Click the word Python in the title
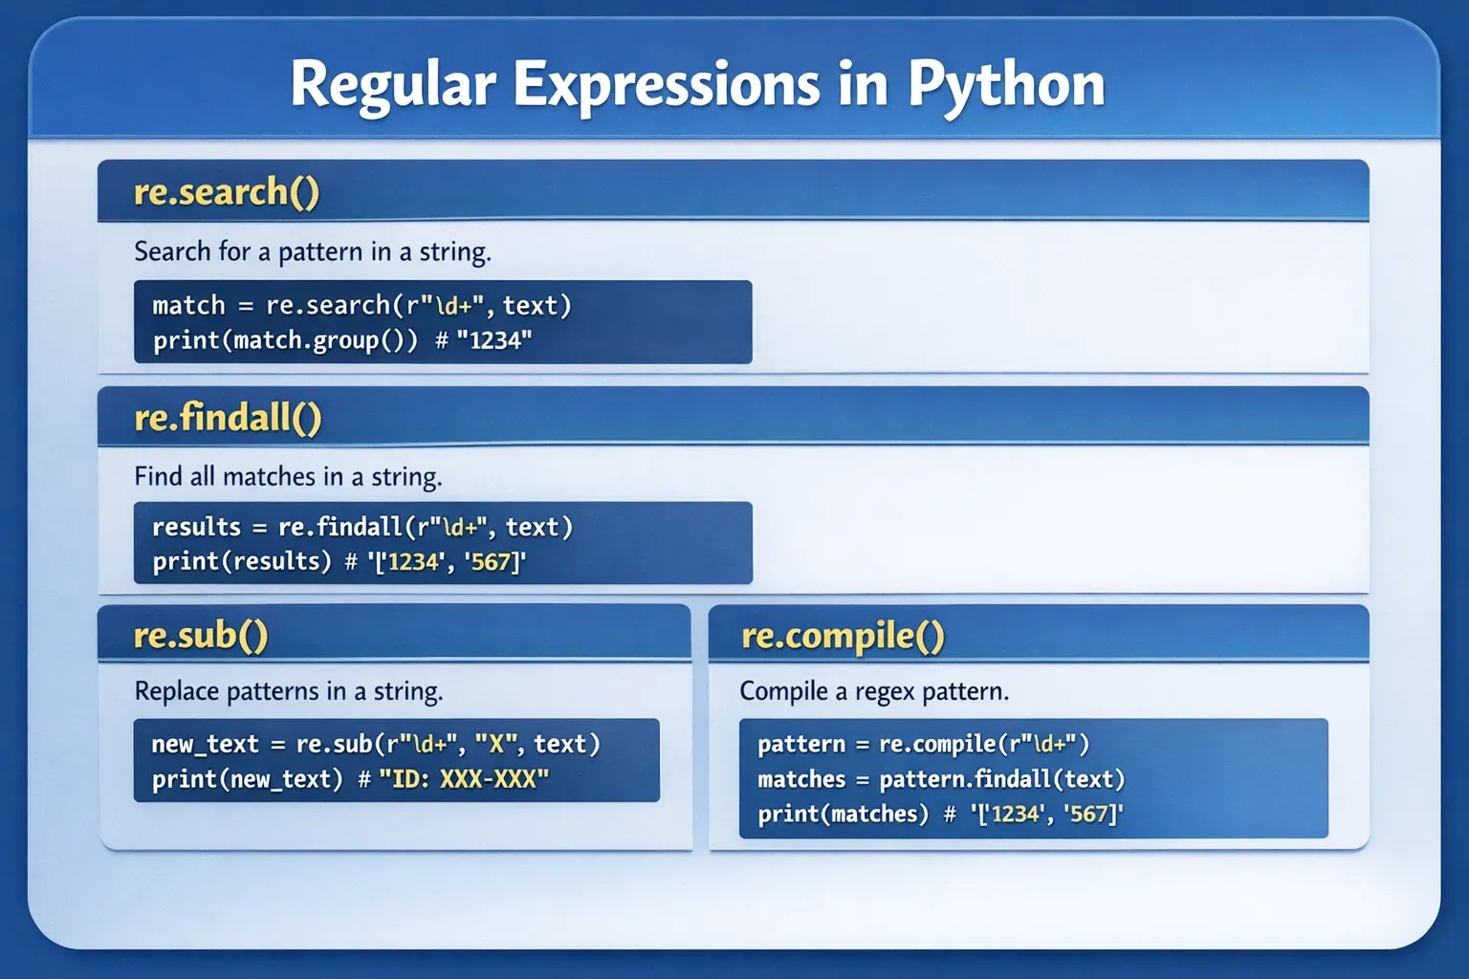(x=1007, y=86)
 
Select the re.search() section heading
(x=227, y=192)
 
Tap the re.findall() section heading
(x=228, y=417)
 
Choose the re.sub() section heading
(x=201, y=636)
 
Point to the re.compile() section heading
(x=843, y=636)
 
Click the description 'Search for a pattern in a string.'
(x=313, y=251)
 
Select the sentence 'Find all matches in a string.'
(x=288, y=477)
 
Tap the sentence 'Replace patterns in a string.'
(x=289, y=691)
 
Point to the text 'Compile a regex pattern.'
(x=874, y=691)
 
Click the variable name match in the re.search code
(x=188, y=306)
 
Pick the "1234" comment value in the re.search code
(x=493, y=340)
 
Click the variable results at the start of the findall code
(x=197, y=527)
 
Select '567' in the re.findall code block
(x=492, y=562)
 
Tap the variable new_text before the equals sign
(x=206, y=744)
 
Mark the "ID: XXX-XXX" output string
(x=464, y=779)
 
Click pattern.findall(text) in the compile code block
(x=1002, y=779)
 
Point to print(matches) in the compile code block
(x=844, y=814)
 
